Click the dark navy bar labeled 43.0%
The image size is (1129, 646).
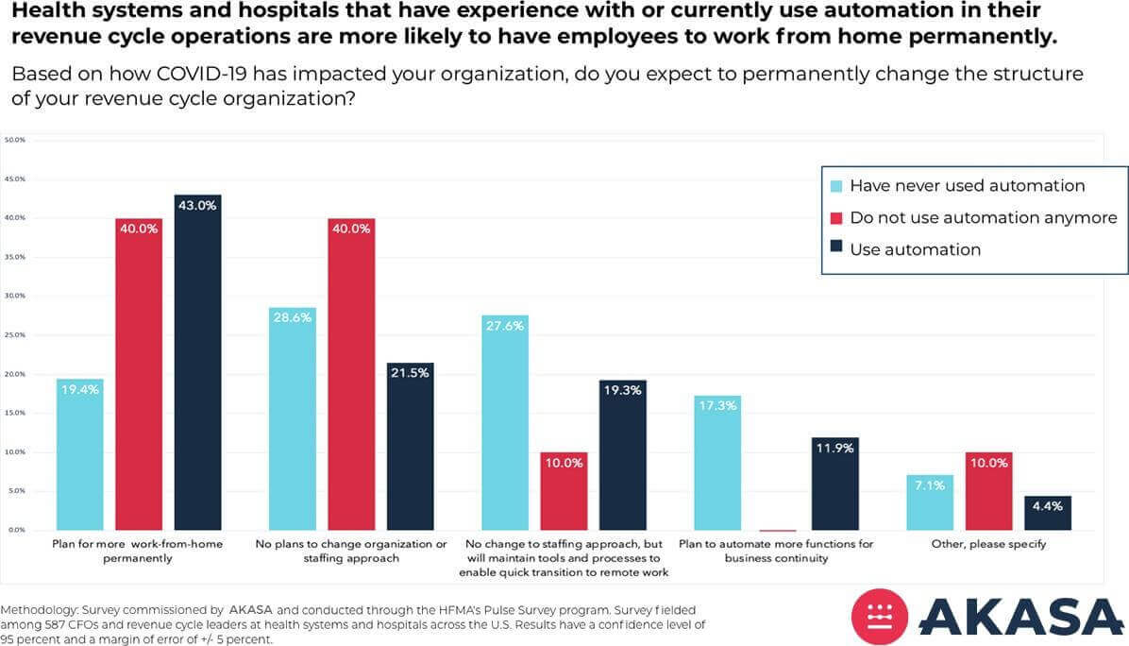[x=197, y=363]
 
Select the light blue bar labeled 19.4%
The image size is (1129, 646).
[x=79, y=454]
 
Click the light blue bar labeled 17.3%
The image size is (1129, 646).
[x=717, y=463]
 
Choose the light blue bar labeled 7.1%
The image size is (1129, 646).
[x=930, y=502]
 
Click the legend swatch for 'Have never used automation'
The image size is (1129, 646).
[x=835, y=186]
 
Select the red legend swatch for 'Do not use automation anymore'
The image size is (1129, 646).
[x=835, y=218]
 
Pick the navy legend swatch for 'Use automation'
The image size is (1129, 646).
[x=835, y=250]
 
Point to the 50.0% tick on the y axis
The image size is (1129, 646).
[x=15, y=140]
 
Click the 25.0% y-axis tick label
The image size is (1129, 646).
[x=15, y=335]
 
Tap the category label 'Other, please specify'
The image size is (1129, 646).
[x=988, y=545]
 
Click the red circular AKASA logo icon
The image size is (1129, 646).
[x=880, y=617]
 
